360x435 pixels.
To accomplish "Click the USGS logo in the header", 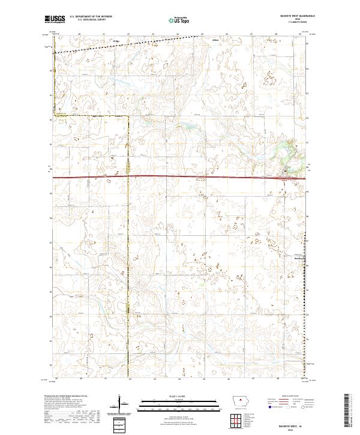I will pyautogui.click(x=55, y=20).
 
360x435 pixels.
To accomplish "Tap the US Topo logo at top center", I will pyautogui.click(x=180, y=20).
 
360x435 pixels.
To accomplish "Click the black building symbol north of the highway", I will pyautogui.click(x=285, y=170).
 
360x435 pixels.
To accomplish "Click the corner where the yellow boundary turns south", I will pyautogui.click(x=129, y=116).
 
